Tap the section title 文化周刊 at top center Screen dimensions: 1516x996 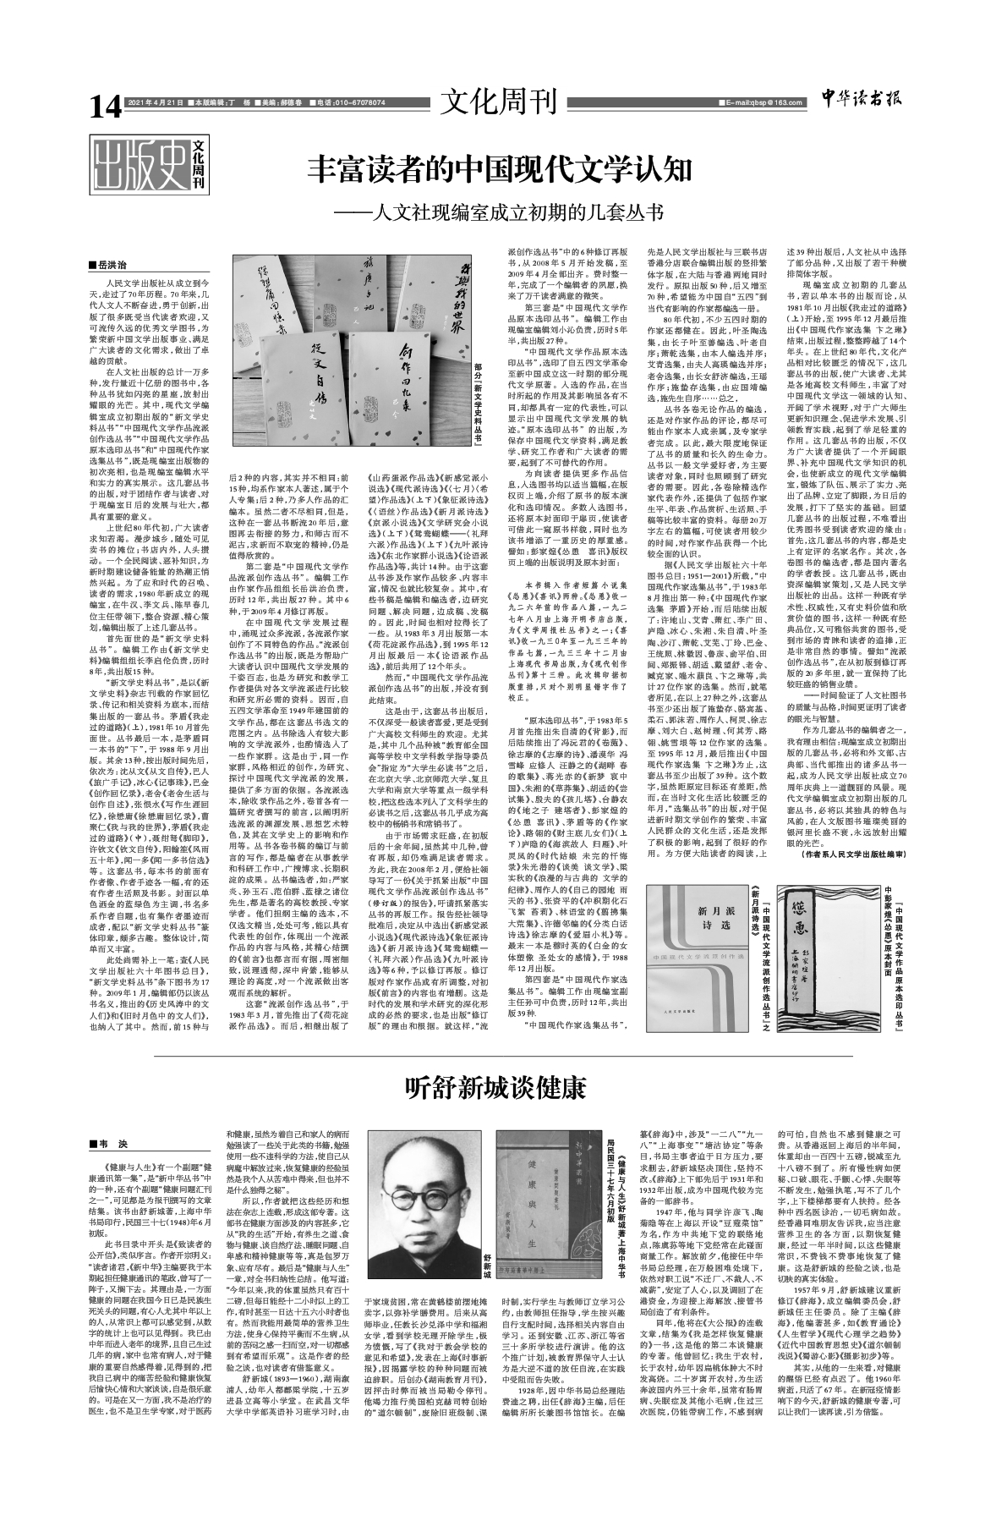(498, 102)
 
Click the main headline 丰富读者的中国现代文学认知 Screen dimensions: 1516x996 (500, 169)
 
